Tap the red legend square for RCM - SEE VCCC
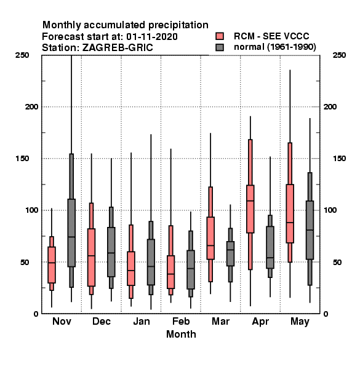click(x=220, y=36)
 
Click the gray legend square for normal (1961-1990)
click(x=220, y=47)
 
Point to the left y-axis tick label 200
click(x=31, y=106)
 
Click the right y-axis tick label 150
click(x=339, y=159)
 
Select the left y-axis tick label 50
click(x=25, y=262)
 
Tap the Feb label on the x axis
click(x=181, y=321)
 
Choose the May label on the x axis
click(x=300, y=322)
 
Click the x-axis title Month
click(x=181, y=334)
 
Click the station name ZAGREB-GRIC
click(x=118, y=48)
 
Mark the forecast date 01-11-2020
click(x=152, y=36)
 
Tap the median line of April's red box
click(x=250, y=200)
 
